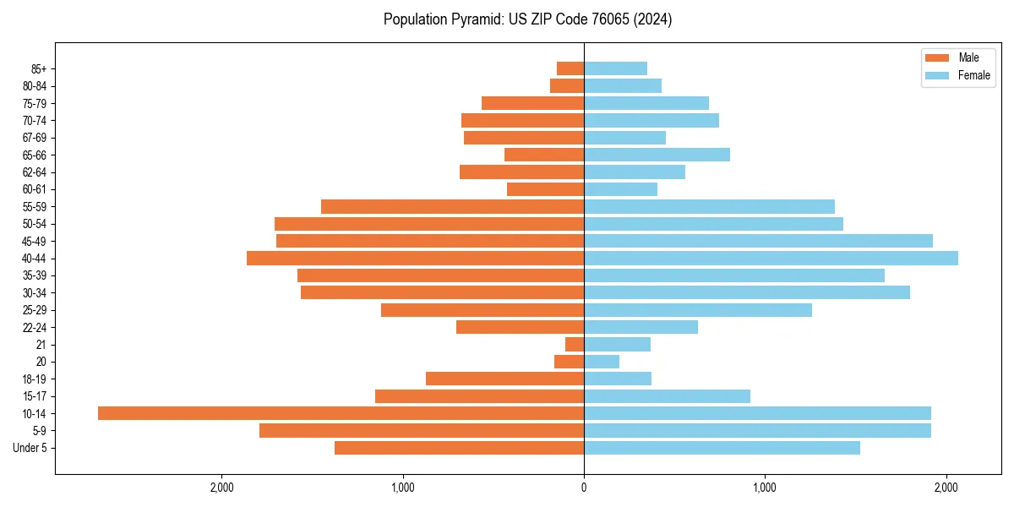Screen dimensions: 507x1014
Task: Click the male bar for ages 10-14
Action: click(341, 413)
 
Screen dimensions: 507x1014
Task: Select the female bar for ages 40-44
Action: click(771, 258)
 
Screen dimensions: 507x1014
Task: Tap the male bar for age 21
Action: click(575, 344)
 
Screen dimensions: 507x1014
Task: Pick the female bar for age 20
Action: click(602, 362)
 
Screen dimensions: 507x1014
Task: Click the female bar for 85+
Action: click(615, 68)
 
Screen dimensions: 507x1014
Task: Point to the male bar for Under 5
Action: click(459, 448)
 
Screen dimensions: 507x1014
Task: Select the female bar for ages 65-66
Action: click(657, 155)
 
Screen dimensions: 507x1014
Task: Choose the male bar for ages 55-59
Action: click(452, 206)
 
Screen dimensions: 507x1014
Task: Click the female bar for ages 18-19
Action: click(618, 379)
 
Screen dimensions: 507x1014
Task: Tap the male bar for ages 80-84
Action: click(567, 85)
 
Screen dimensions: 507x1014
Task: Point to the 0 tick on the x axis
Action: click(584, 488)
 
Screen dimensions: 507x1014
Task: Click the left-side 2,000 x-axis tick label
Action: click(221, 488)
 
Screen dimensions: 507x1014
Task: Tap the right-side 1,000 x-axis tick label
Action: click(765, 488)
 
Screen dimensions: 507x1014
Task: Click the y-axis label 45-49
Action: click(35, 241)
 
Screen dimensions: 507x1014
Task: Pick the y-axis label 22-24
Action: click(35, 327)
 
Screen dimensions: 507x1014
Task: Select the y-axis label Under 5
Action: click(30, 448)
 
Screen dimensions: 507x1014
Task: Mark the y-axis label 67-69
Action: click(35, 138)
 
